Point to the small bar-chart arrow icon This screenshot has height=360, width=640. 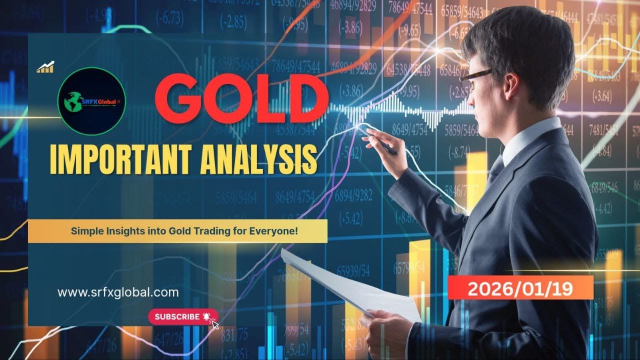coord(45,67)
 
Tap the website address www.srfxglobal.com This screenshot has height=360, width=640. coord(118,292)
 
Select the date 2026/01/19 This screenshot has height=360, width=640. coord(520,288)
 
